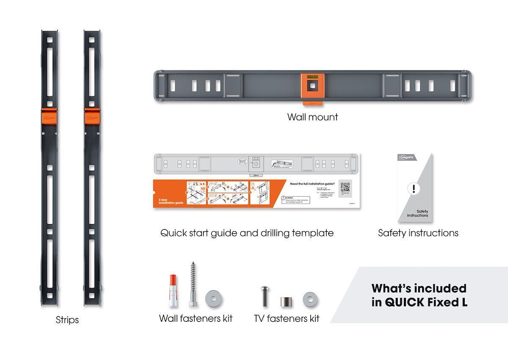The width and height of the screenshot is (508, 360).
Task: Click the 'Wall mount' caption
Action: pos(312,117)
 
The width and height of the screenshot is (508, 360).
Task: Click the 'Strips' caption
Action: pos(67,320)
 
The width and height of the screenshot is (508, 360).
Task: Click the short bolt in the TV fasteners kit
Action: pos(265,296)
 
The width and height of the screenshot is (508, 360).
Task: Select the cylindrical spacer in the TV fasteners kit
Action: pos(285,300)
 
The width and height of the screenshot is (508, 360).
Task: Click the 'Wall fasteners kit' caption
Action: pos(196,318)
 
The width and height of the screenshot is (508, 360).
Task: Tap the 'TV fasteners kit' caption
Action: pos(287,318)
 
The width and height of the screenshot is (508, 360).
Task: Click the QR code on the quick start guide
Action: pos(345,188)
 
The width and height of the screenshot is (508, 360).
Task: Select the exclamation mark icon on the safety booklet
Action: pos(415,189)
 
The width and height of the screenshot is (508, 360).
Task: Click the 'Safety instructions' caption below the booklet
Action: pos(418,233)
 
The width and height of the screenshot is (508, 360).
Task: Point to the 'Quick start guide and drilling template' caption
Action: pos(247,233)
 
